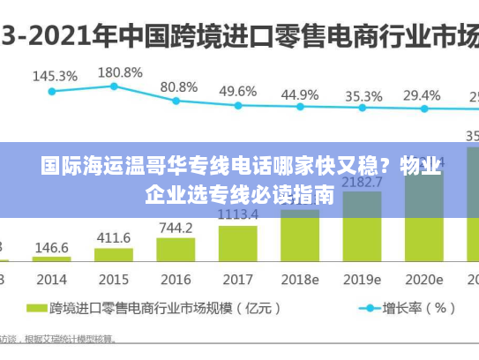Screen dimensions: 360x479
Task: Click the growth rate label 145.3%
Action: [x=55, y=76]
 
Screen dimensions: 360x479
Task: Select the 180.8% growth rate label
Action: [x=120, y=71]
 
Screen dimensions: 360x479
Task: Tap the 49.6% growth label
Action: [x=238, y=91]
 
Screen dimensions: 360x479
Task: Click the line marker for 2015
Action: [x=114, y=86]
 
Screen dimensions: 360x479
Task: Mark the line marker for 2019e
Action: [x=362, y=109]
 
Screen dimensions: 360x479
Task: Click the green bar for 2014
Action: [x=52, y=259]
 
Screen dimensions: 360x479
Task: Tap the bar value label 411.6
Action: [x=114, y=238]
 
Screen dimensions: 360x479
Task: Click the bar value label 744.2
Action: [x=176, y=228]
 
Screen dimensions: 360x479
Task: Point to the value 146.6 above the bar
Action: [x=52, y=248]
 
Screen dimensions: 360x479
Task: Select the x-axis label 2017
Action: [x=238, y=280]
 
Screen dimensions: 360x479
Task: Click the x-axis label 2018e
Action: [x=300, y=280]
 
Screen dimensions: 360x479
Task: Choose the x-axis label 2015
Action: [x=114, y=280]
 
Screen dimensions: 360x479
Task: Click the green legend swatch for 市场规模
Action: [x=36, y=309]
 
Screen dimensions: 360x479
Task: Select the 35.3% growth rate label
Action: [x=363, y=95]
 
